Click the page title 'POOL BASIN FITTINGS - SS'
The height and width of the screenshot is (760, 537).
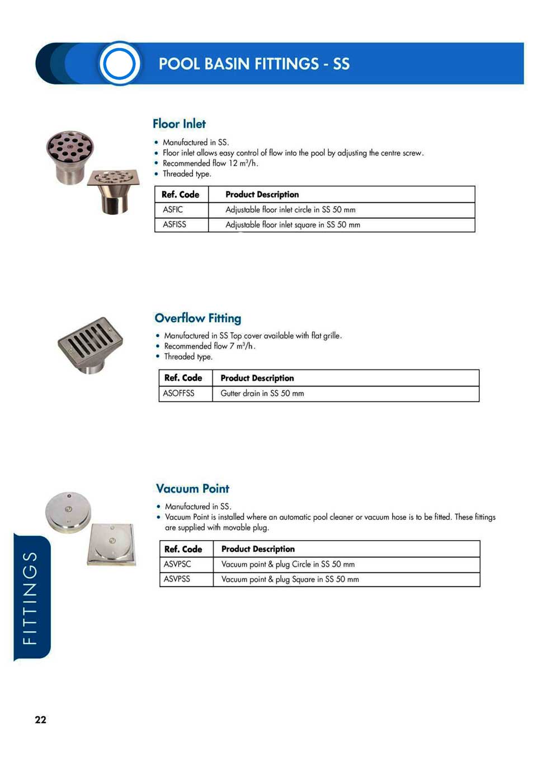pos(254,64)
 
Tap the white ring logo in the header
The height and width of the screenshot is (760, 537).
pos(119,63)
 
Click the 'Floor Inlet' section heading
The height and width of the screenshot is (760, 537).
pos(179,124)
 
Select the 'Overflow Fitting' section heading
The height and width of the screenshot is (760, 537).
pos(197,318)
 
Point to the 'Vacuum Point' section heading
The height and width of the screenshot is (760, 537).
pos(192,489)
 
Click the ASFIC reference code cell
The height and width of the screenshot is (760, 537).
pos(173,210)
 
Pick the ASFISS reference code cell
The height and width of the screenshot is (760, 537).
pos(175,224)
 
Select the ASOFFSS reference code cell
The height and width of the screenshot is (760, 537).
pos(178,393)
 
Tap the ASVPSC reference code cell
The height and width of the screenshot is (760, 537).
pos(177,564)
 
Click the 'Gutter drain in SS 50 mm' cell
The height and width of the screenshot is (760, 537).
pos(262,393)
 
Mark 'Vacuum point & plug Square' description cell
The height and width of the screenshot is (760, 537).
pos(290,579)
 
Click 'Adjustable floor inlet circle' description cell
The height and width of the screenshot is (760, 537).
pos(290,210)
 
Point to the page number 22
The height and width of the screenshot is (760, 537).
pos(41,720)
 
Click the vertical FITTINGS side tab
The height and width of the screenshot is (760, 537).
pos(31,598)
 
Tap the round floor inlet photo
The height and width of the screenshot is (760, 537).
pos(69,156)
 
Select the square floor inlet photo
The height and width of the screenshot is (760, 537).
pos(114,190)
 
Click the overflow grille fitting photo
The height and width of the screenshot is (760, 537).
pos(90,344)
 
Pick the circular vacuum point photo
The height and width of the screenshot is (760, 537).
pos(68,512)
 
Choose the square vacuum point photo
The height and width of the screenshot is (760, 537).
pos(112,543)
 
